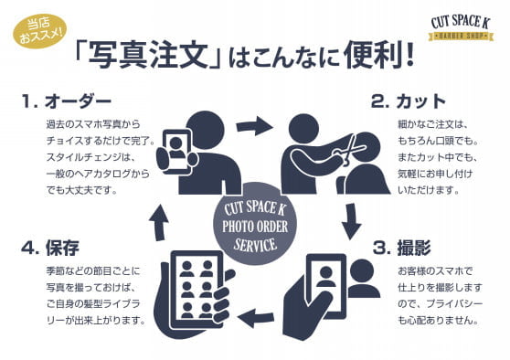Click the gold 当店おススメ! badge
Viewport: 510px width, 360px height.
coord(40,31)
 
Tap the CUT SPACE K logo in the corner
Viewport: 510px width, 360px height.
coord(461,28)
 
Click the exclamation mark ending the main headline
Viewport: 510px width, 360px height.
coord(409,56)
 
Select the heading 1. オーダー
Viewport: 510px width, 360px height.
coord(67,101)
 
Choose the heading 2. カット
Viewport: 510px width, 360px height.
coord(409,101)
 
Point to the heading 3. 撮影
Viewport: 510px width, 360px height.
coord(401,248)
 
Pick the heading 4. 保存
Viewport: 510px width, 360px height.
coord(50,248)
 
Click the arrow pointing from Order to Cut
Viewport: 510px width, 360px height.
coord(255,126)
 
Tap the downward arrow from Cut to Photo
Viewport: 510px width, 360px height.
coord(351,221)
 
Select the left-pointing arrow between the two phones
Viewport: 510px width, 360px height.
coord(256,317)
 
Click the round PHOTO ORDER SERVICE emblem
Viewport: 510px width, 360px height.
coord(255,226)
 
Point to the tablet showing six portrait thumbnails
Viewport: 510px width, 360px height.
coord(197,290)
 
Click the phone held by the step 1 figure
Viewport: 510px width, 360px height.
coord(176,152)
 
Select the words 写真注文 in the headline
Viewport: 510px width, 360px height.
coord(148,56)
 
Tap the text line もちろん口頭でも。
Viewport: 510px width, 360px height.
coord(438,141)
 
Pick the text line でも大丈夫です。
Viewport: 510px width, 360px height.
coord(81,190)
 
